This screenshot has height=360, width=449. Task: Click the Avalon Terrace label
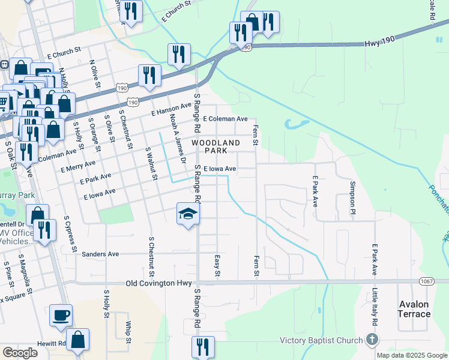pos(414,309)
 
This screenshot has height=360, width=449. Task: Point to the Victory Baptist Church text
pos(321,341)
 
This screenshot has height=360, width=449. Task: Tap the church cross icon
pos(372,341)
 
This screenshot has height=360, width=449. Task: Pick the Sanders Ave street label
pos(100,254)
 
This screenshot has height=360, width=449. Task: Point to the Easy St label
pos(217,265)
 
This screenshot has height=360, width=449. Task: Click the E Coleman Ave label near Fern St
pos(225,119)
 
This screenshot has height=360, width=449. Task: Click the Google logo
pos(20,353)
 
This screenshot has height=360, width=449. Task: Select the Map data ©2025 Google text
pos(412,355)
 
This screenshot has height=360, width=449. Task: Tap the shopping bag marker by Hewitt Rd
pos(77,340)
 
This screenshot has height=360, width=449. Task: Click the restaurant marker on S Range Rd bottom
pos(203,347)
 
